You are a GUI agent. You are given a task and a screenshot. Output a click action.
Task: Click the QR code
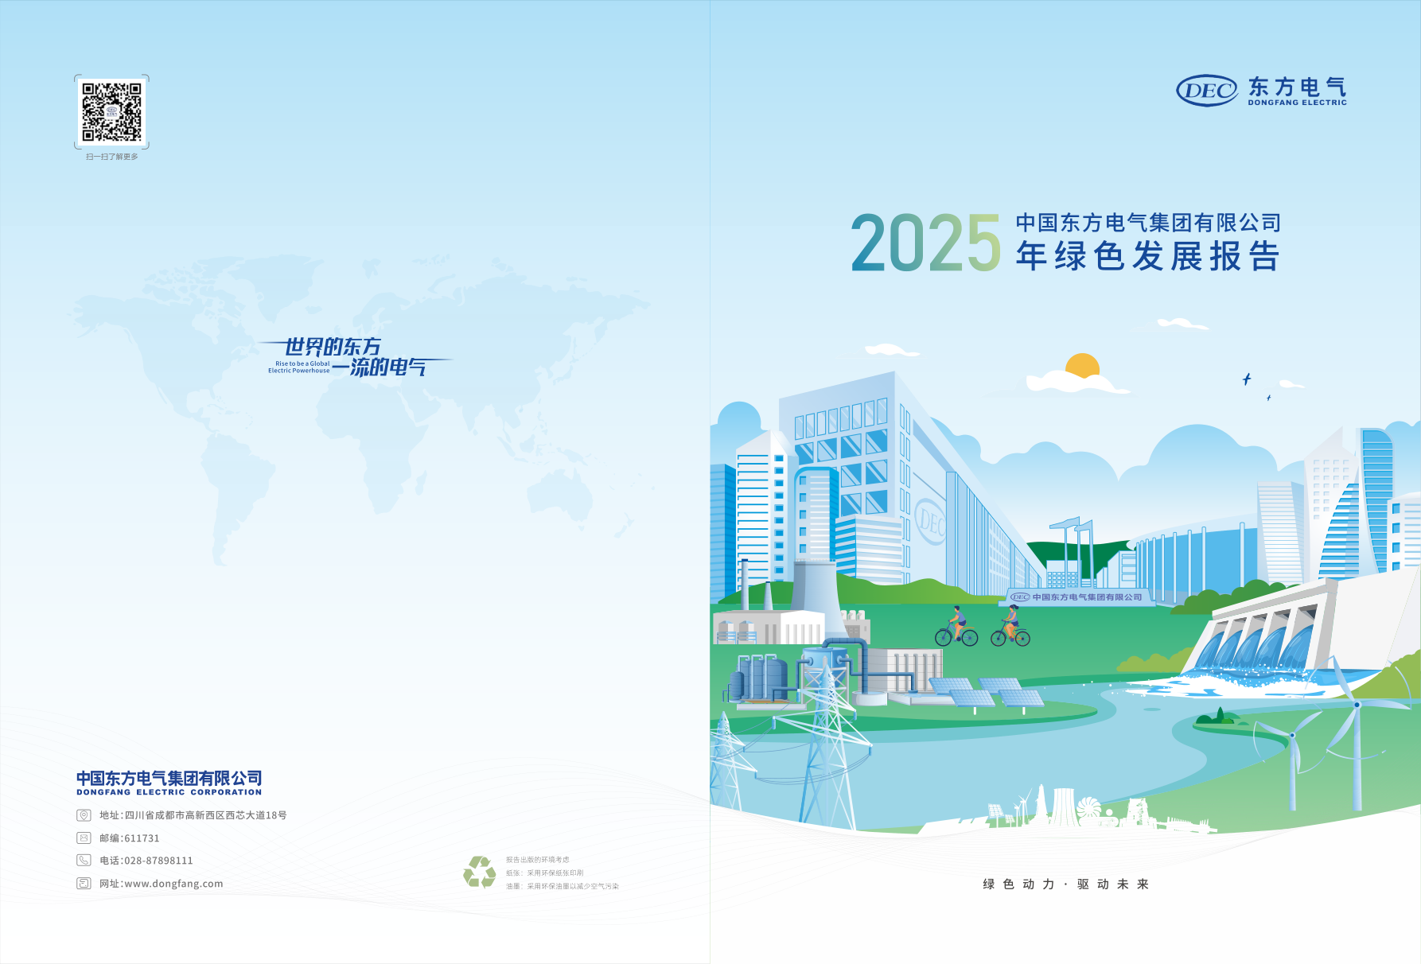pos(111,112)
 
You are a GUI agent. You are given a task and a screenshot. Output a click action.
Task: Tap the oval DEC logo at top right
pos(1206,91)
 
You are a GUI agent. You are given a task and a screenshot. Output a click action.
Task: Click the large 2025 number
pos(925,243)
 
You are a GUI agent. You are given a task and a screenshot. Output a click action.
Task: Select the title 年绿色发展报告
pos(1147,257)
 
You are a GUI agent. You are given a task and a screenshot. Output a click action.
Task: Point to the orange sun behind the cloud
pos(1082,365)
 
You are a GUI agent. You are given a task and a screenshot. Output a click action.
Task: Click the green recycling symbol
pos(480,872)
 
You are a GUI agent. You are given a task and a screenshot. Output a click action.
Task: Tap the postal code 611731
pos(142,838)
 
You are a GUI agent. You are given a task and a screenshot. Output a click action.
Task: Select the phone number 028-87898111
pos(158,861)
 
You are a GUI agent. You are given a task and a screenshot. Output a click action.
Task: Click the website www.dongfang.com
pos(173,884)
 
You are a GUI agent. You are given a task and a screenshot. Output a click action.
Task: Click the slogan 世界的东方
pos(333,347)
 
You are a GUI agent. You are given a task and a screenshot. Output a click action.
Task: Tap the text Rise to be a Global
pos(302,363)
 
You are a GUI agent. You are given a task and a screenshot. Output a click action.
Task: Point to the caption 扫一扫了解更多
pos(112,157)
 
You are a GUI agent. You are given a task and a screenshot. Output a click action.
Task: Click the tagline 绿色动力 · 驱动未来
pos(1065,884)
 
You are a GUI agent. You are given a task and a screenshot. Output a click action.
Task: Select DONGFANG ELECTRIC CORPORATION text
pos(169,792)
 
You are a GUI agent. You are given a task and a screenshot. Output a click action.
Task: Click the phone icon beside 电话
pos(84,861)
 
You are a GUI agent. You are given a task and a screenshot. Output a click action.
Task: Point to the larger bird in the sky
pos(1247,379)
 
